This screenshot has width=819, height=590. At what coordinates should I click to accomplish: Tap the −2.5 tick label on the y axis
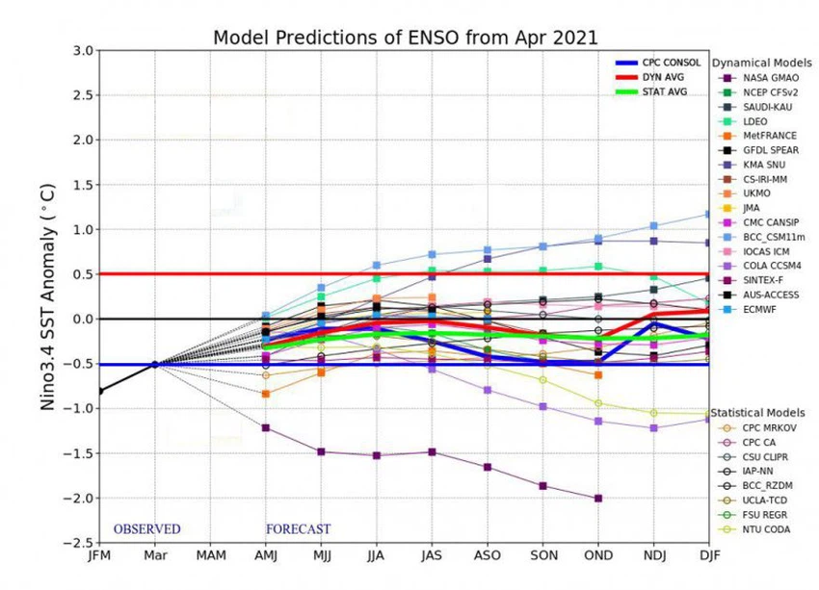tap(79, 543)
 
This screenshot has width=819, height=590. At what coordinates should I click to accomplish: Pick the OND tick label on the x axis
tap(598, 555)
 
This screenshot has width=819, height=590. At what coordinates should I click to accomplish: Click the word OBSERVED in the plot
tap(146, 529)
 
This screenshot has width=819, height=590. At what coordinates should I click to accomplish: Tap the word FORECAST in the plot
tap(298, 529)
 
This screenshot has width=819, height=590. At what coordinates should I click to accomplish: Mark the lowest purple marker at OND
tap(598, 498)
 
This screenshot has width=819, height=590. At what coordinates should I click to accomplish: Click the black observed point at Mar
tap(153, 364)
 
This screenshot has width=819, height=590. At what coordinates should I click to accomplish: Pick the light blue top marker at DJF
tap(709, 214)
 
